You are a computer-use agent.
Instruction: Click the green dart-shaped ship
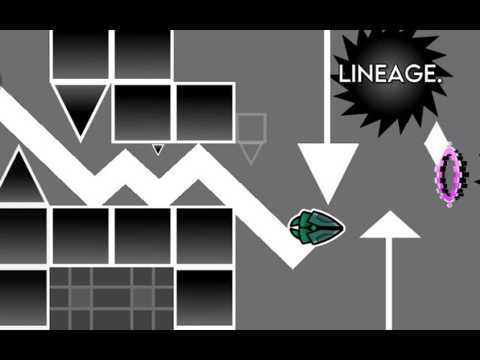click(316, 227)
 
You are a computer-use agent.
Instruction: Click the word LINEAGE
click(391, 73)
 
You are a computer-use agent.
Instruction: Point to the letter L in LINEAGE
click(343, 73)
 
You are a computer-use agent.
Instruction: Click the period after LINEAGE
click(440, 80)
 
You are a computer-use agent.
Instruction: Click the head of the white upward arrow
click(389, 224)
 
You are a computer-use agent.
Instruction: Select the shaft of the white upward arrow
click(388, 283)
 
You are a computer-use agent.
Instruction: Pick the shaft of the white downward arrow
click(327, 87)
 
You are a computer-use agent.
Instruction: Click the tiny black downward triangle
click(157, 149)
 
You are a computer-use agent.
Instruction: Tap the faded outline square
click(251, 127)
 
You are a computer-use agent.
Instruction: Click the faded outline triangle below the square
click(250, 154)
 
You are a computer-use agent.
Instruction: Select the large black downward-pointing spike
click(80, 107)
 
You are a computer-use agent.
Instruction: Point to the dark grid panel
click(112, 298)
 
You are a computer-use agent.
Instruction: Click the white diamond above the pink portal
click(436, 142)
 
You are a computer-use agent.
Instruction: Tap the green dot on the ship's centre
click(313, 228)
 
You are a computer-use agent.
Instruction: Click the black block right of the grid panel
click(205, 298)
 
